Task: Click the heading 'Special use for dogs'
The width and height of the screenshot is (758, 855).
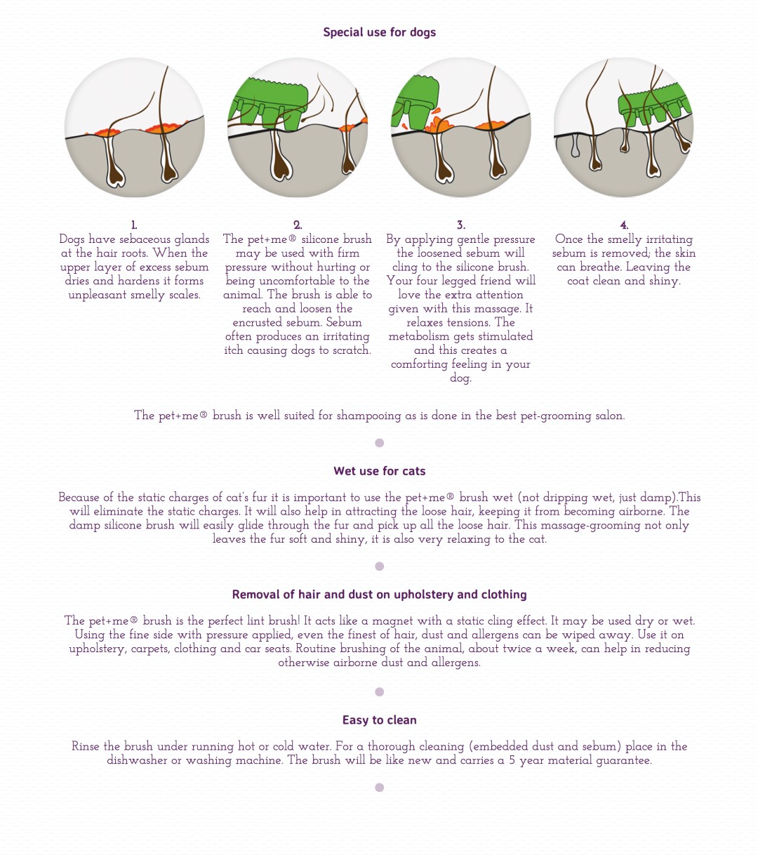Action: pos(379,32)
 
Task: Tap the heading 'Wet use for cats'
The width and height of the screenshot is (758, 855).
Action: pos(379,471)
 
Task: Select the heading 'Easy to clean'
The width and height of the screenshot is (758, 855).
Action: pos(379,720)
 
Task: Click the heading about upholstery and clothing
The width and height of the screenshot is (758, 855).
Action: pos(379,595)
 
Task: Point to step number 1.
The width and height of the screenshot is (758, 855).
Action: pos(134,225)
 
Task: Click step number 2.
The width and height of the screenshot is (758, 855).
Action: pos(298,225)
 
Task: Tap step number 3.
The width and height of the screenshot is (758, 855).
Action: pos(460,225)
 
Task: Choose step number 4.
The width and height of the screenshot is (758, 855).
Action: pos(624,225)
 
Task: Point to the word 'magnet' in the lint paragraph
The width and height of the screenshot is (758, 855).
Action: pos(393,621)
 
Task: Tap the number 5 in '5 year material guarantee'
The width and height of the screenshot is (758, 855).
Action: pos(512,760)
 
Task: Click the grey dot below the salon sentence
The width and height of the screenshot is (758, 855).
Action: pos(380,443)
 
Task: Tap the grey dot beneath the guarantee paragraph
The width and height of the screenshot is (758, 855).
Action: pos(380,788)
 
